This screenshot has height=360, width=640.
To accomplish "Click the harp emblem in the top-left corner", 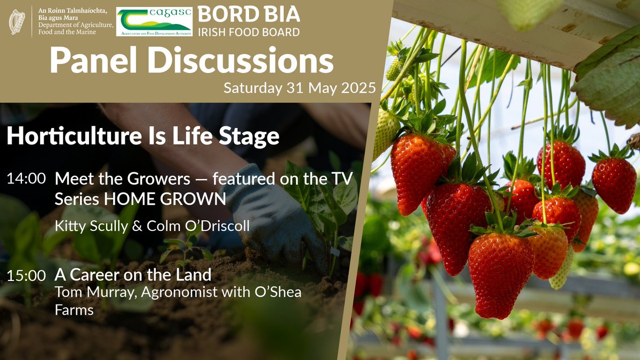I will coord(17,21).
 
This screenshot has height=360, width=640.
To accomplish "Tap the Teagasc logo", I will coord(154,21).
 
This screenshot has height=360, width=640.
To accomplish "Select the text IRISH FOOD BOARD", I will coord(249,32).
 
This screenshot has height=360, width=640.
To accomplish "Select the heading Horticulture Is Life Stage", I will coord(143,137).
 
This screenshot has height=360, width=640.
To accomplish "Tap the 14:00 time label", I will coord(26,179).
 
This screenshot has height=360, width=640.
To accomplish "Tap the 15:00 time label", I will coord(26,276).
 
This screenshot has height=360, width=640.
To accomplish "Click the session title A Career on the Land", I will coord(133,275).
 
